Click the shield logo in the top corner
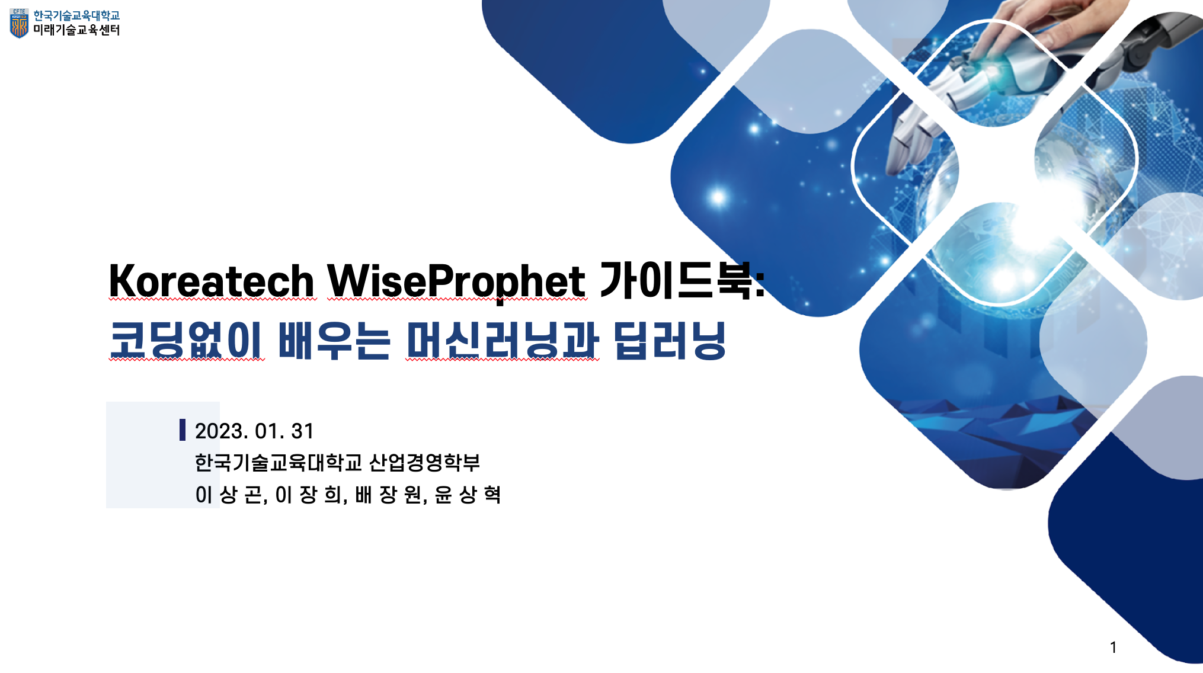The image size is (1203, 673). (x=19, y=23)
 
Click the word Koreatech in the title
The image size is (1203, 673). (x=212, y=281)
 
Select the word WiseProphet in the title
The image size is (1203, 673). (x=456, y=281)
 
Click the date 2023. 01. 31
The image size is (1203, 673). (x=254, y=431)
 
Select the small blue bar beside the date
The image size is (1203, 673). (x=183, y=430)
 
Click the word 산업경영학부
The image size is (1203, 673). (x=424, y=462)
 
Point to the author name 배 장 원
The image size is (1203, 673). (x=388, y=495)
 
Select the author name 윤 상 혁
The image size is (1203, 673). (x=468, y=495)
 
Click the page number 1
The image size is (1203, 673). (x=1114, y=647)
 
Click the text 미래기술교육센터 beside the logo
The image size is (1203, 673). (x=76, y=30)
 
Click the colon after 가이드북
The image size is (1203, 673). (x=760, y=283)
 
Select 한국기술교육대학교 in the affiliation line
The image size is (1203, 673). (x=278, y=462)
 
